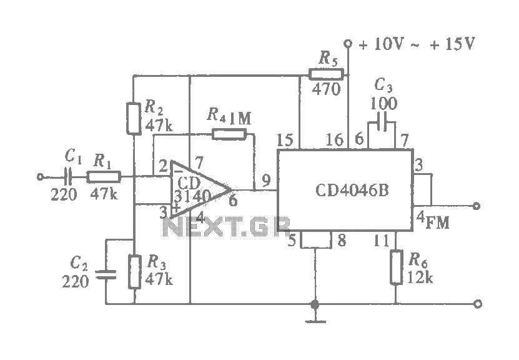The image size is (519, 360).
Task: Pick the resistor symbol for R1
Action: pyautogui.click(x=104, y=176)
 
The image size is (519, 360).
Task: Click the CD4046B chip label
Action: pyautogui.click(x=344, y=189)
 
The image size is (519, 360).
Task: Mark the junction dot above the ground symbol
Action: pyautogui.click(x=315, y=304)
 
